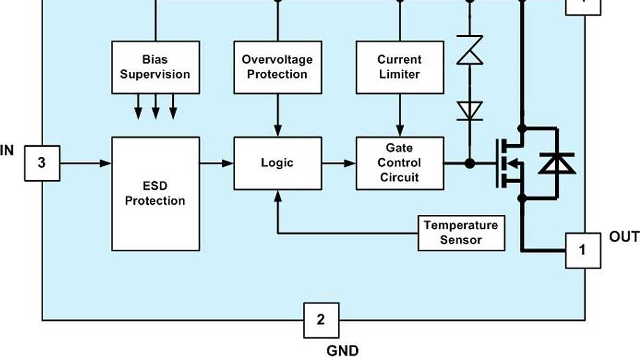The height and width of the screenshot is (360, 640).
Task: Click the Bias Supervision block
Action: [x=155, y=67]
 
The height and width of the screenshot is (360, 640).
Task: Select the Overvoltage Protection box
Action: [x=277, y=67]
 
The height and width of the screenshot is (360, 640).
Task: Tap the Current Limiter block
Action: [x=399, y=67]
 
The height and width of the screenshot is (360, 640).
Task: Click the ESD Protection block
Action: [x=155, y=194]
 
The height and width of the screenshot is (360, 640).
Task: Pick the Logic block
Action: [x=277, y=163]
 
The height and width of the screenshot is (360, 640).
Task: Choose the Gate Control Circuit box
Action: [x=399, y=163]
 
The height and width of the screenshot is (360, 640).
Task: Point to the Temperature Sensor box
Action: [x=461, y=233]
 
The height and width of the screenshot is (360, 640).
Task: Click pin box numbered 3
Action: [x=42, y=163]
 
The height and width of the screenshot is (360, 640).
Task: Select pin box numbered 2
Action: [x=321, y=320]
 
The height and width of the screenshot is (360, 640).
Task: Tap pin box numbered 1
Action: [x=582, y=250]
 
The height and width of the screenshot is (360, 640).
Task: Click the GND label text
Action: [x=342, y=350]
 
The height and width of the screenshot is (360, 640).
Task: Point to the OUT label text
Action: [x=624, y=237]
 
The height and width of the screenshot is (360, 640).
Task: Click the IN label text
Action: [x=7, y=151]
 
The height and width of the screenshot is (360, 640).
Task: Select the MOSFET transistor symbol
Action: [x=509, y=163]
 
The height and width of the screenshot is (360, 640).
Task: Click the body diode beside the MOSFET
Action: [x=557, y=163]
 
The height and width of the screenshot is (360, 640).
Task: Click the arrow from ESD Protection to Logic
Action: [x=217, y=163]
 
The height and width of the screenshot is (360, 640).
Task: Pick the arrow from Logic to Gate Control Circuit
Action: [x=339, y=163]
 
